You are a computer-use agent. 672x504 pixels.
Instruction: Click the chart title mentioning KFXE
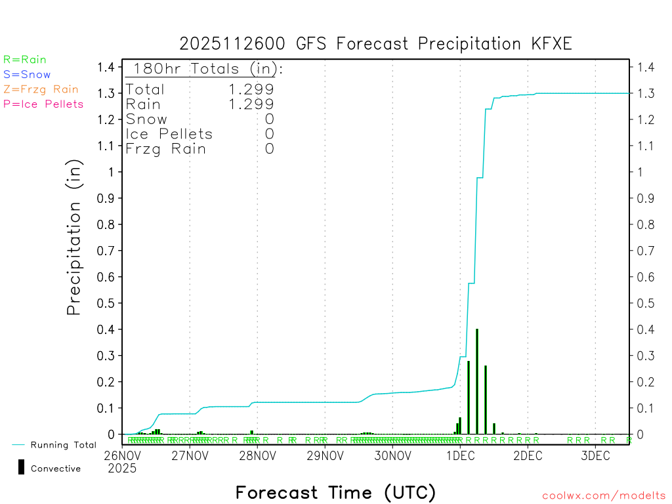click(x=376, y=44)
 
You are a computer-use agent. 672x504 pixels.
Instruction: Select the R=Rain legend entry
click(x=25, y=60)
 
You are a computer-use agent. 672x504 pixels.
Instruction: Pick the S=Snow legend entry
click(x=27, y=75)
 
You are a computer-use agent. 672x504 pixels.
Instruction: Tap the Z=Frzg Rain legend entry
click(x=41, y=89)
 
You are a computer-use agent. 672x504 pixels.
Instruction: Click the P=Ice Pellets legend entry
click(x=43, y=104)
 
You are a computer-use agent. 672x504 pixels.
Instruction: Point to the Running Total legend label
click(x=63, y=445)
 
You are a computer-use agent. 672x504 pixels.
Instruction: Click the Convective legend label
click(x=56, y=469)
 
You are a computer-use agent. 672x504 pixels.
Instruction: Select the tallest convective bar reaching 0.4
click(x=477, y=381)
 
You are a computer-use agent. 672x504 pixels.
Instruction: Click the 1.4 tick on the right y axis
click(x=644, y=67)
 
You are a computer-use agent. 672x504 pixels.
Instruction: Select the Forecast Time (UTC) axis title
click(x=335, y=492)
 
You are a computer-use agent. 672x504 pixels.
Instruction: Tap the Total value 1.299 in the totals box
click(x=251, y=89)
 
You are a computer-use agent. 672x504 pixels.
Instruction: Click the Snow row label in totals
click(x=146, y=119)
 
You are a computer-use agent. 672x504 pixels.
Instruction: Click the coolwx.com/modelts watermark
click(x=604, y=496)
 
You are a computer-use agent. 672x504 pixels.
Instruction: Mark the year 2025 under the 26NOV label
click(x=122, y=469)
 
